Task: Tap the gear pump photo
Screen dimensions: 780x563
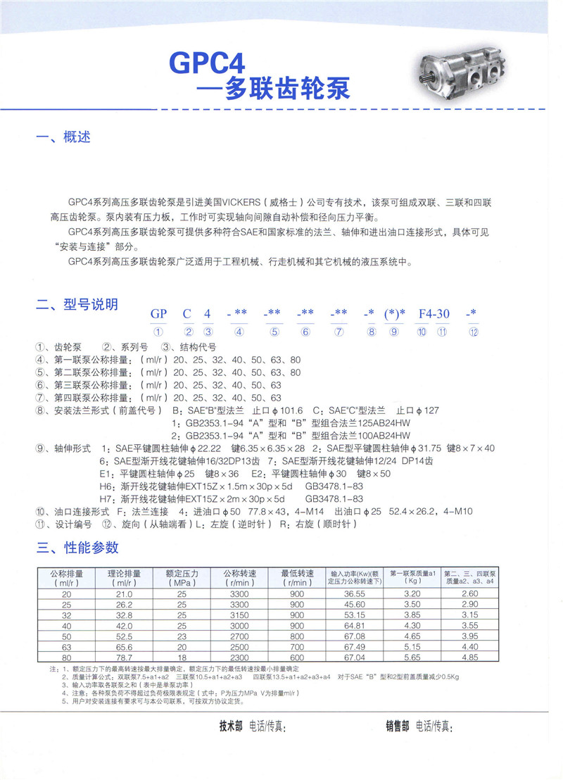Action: (x=461, y=73)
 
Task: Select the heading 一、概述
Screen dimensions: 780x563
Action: (x=63, y=137)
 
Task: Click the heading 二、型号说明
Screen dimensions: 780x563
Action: (x=77, y=305)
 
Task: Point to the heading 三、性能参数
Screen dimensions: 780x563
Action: (x=77, y=547)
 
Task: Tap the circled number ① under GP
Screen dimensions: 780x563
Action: (x=158, y=332)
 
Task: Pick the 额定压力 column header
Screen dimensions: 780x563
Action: (x=181, y=577)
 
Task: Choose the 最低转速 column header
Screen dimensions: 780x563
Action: (x=297, y=577)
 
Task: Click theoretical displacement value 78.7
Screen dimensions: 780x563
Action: (x=124, y=657)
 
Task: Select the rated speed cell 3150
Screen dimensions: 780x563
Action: (x=239, y=615)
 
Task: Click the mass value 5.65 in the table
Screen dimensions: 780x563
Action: (x=412, y=657)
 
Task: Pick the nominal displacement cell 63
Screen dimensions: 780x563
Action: (x=66, y=646)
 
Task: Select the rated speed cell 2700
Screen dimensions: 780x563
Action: (x=239, y=636)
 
